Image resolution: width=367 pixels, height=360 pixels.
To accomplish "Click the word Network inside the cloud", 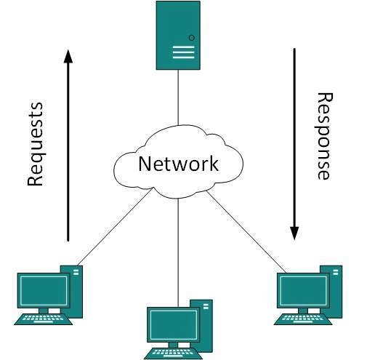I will [x=178, y=163].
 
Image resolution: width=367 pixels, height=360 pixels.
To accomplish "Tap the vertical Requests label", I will [x=36, y=144].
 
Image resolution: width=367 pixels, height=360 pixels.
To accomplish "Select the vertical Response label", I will [x=324, y=136].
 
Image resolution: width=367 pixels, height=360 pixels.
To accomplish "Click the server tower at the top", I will [x=178, y=35].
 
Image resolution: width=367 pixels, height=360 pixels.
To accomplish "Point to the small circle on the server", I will [x=191, y=36].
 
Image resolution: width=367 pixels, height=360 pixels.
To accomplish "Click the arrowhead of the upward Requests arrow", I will [x=68, y=56].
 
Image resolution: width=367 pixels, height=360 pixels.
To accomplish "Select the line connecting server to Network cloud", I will [x=178, y=98].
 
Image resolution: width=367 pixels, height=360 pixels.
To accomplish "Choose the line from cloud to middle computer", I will [x=178, y=247].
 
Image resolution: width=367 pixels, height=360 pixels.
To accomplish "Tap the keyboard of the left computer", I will [x=43, y=318].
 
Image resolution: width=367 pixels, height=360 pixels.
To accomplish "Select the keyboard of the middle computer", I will [x=173, y=353].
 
